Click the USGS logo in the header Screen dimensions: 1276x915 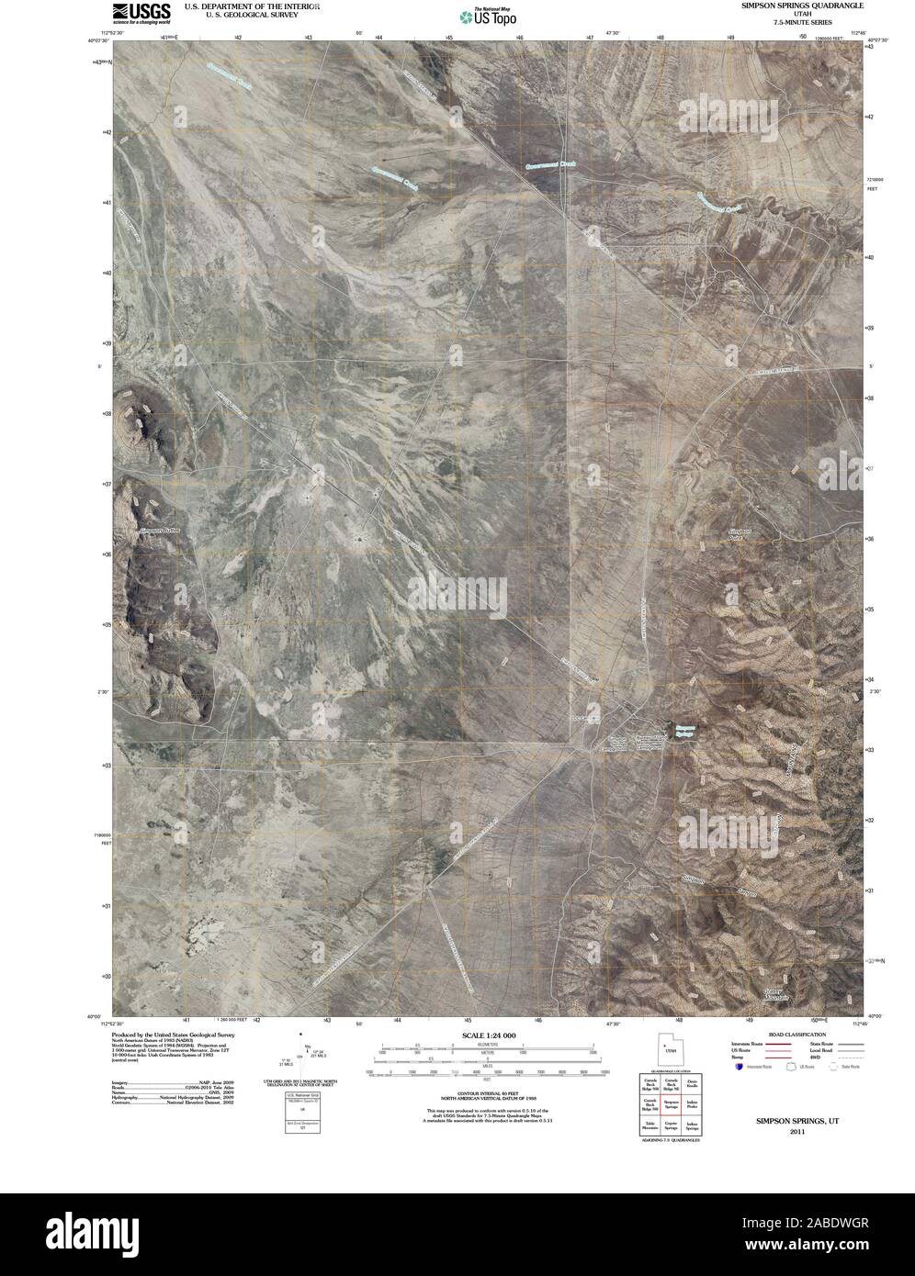click(140, 11)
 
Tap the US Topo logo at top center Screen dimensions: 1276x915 click(488, 16)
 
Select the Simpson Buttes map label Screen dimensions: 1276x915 click(161, 531)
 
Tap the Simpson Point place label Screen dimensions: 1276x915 click(740, 534)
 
